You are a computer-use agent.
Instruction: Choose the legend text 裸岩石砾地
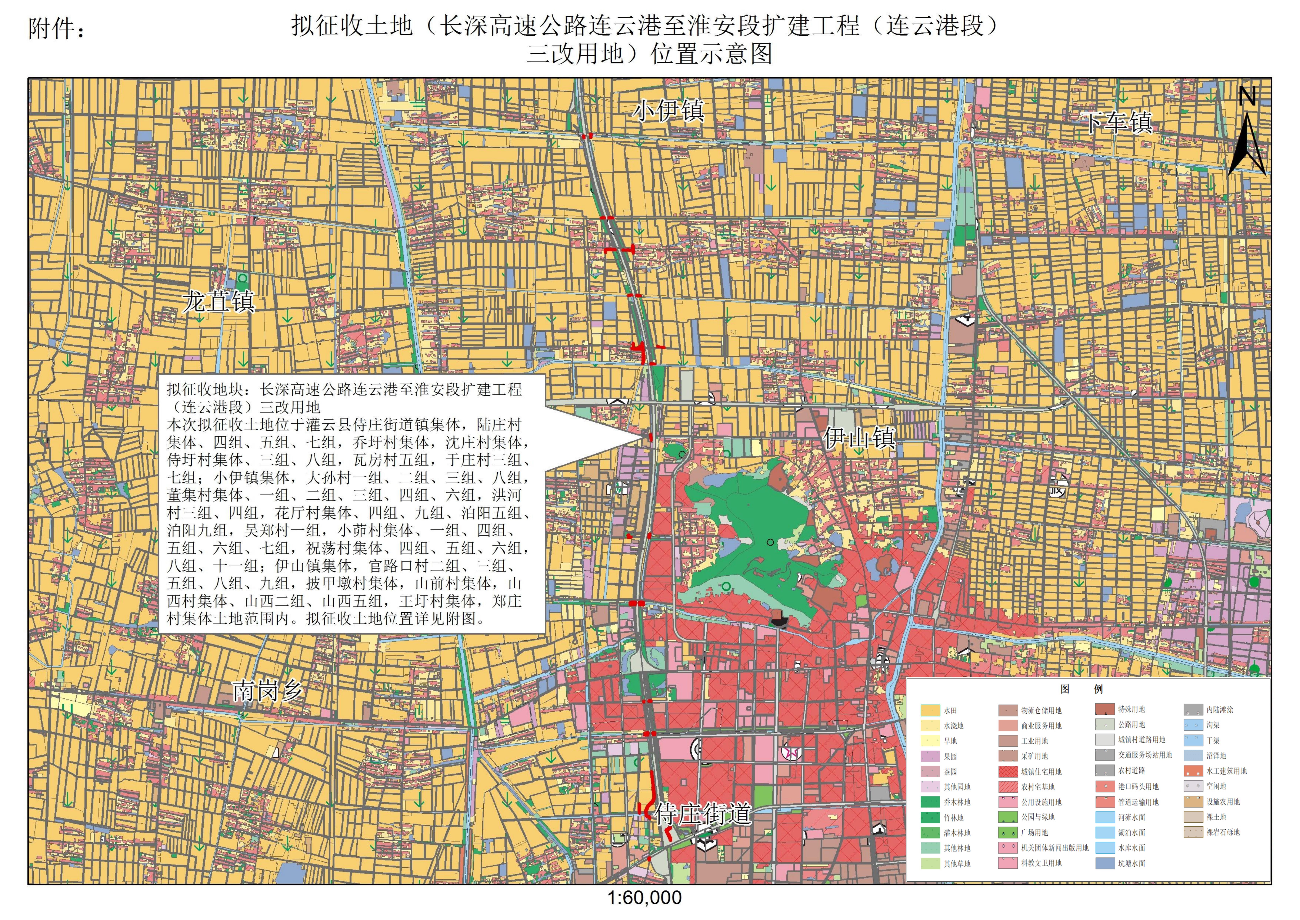pyautogui.click(x=1223, y=832)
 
